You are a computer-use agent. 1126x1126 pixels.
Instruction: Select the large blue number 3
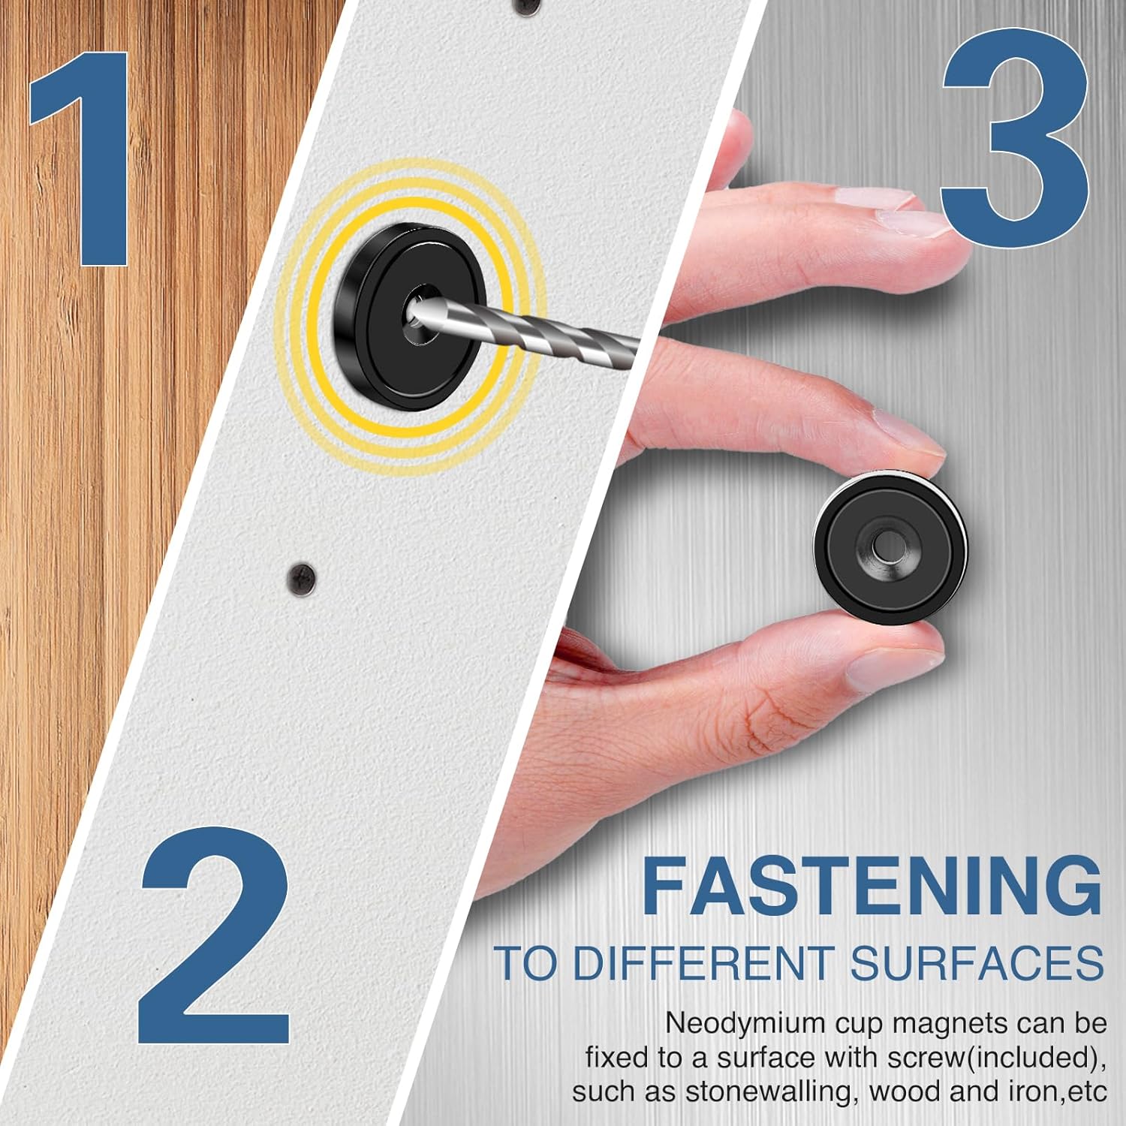tap(1015, 129)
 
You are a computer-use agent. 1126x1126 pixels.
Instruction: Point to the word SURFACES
tap(977, 963)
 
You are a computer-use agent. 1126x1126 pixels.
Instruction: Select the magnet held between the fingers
tap(891, 548)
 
